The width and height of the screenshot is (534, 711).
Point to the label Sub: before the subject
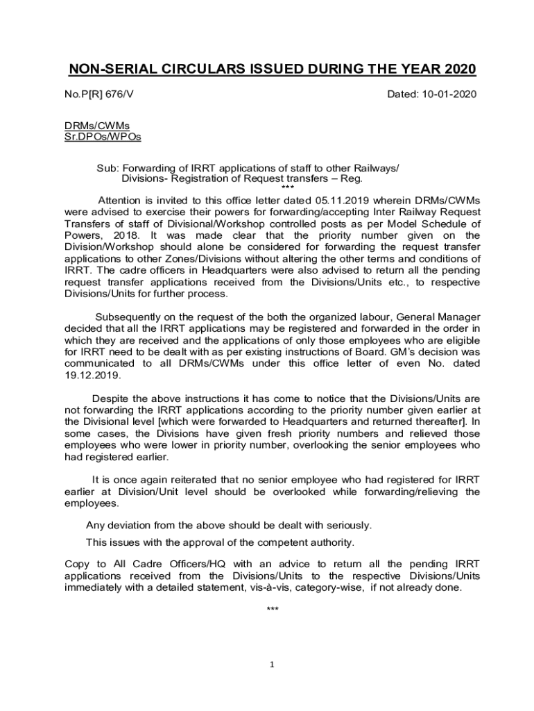(x=108, y=169)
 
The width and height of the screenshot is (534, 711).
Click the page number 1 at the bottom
(x=273, y=664)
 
